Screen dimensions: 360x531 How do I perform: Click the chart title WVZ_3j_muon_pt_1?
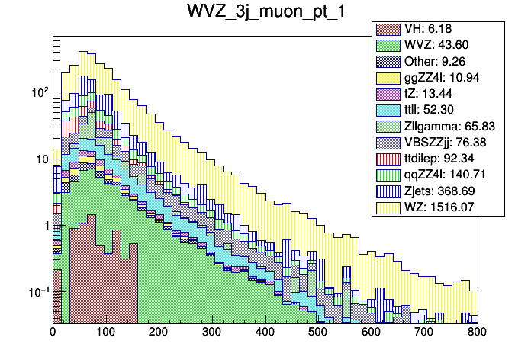[x=265, y=13]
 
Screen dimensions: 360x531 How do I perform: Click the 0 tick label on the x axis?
[x=53, y=333]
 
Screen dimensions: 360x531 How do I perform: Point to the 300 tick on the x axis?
[x=212, y=333]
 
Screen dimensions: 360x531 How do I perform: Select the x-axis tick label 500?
[x=318, y=333]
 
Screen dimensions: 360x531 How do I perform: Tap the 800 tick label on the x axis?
[x=478, y=333]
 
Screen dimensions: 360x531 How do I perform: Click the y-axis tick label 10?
[x=41, y=159]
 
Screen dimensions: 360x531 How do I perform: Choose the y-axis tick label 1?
[x=44, y=226]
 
